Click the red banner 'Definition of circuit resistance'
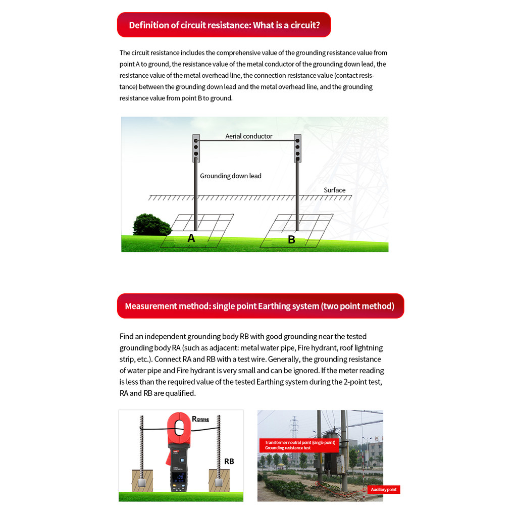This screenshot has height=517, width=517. [224, 25]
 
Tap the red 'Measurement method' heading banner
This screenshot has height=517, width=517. [260, 306]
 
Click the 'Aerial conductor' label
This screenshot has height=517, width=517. [248, 136]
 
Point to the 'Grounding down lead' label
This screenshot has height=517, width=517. [230, 176]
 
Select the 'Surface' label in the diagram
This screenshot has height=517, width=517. [334, 190]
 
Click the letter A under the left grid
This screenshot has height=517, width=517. [191, 238]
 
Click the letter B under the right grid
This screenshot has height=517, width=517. [291, 240]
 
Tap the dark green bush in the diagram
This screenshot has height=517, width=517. [151, 225]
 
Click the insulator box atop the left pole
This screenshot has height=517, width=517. [196, 148]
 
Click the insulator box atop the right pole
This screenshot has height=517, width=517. [297, 148]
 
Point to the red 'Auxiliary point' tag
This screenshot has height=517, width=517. [384, 489]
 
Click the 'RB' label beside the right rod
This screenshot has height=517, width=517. [229, 461]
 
